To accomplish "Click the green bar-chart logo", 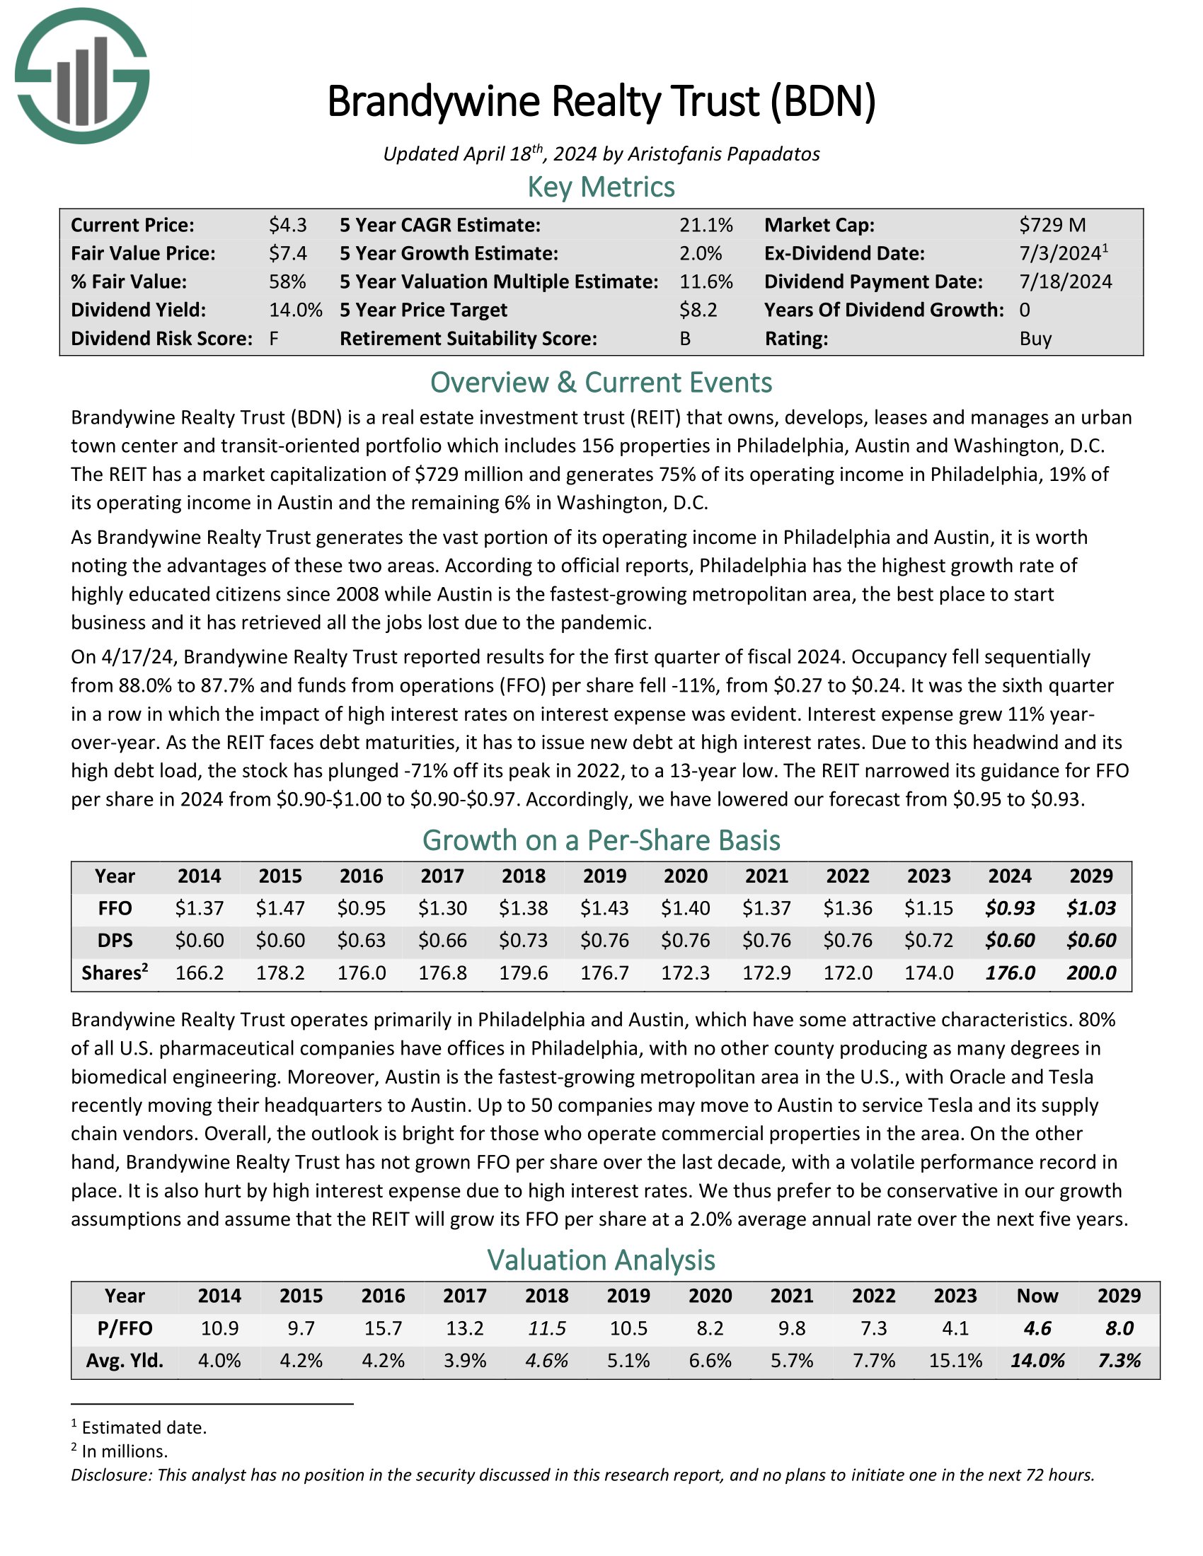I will pos(82,76).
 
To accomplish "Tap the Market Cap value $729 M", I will pos(1052,226).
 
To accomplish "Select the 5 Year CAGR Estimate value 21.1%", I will pos(706,226).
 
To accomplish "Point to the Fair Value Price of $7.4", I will pos(287,254).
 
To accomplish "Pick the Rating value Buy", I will pos(1035,338).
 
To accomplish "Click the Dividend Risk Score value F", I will pos(274,338).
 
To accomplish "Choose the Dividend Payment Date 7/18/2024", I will pos(1065,282).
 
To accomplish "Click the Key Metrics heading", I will pos(601,187).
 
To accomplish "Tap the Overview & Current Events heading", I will pos(601,383).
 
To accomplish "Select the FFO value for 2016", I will pos(362,908).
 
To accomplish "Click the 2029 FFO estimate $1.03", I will pos(1091,908).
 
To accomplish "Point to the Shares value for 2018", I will pos(524,973).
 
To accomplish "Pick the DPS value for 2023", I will pos(928,941).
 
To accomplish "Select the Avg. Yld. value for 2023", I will pos(955,1361).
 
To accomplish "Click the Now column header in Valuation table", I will pos(1037,1296).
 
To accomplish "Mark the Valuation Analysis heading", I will pos(601,1260).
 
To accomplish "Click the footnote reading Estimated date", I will pos(143,1427).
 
